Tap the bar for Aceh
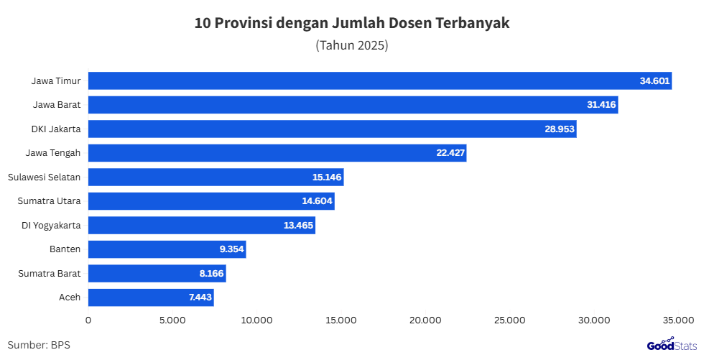click(x=151, y=297)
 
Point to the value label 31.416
click(x=601, y=105)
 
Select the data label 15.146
click(x=327, y=177)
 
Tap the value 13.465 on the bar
click(x=298, y=226)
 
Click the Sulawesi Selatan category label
click(x=44, y=177)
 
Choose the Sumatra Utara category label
click(x=49, y=201)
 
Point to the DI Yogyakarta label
click(x=51, y=226)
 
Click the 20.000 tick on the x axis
click(x=425, y=320)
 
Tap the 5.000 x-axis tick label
click(x=172, y=320)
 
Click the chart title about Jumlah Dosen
click(x=352, y=23)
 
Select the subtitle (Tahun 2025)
click(x=352, y=45)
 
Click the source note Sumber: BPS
click(x=39, y=345)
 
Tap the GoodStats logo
click(x=671, y=345)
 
